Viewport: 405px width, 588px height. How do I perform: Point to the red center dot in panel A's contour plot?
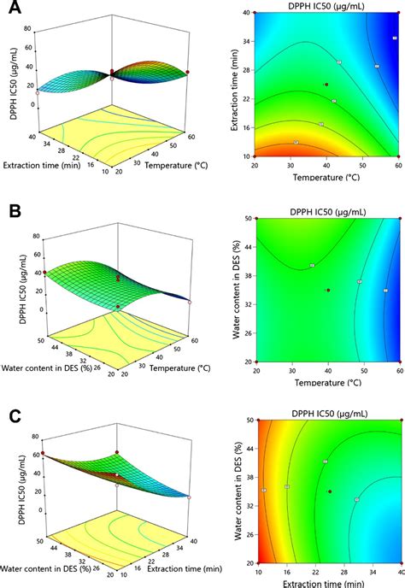[x=326, y=85]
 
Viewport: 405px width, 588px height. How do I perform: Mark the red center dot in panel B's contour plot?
[x=328, y=291]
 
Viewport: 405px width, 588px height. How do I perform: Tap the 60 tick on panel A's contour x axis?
[x=398, y=164]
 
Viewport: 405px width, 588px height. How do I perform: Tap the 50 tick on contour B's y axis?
[x=240, y=219]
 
